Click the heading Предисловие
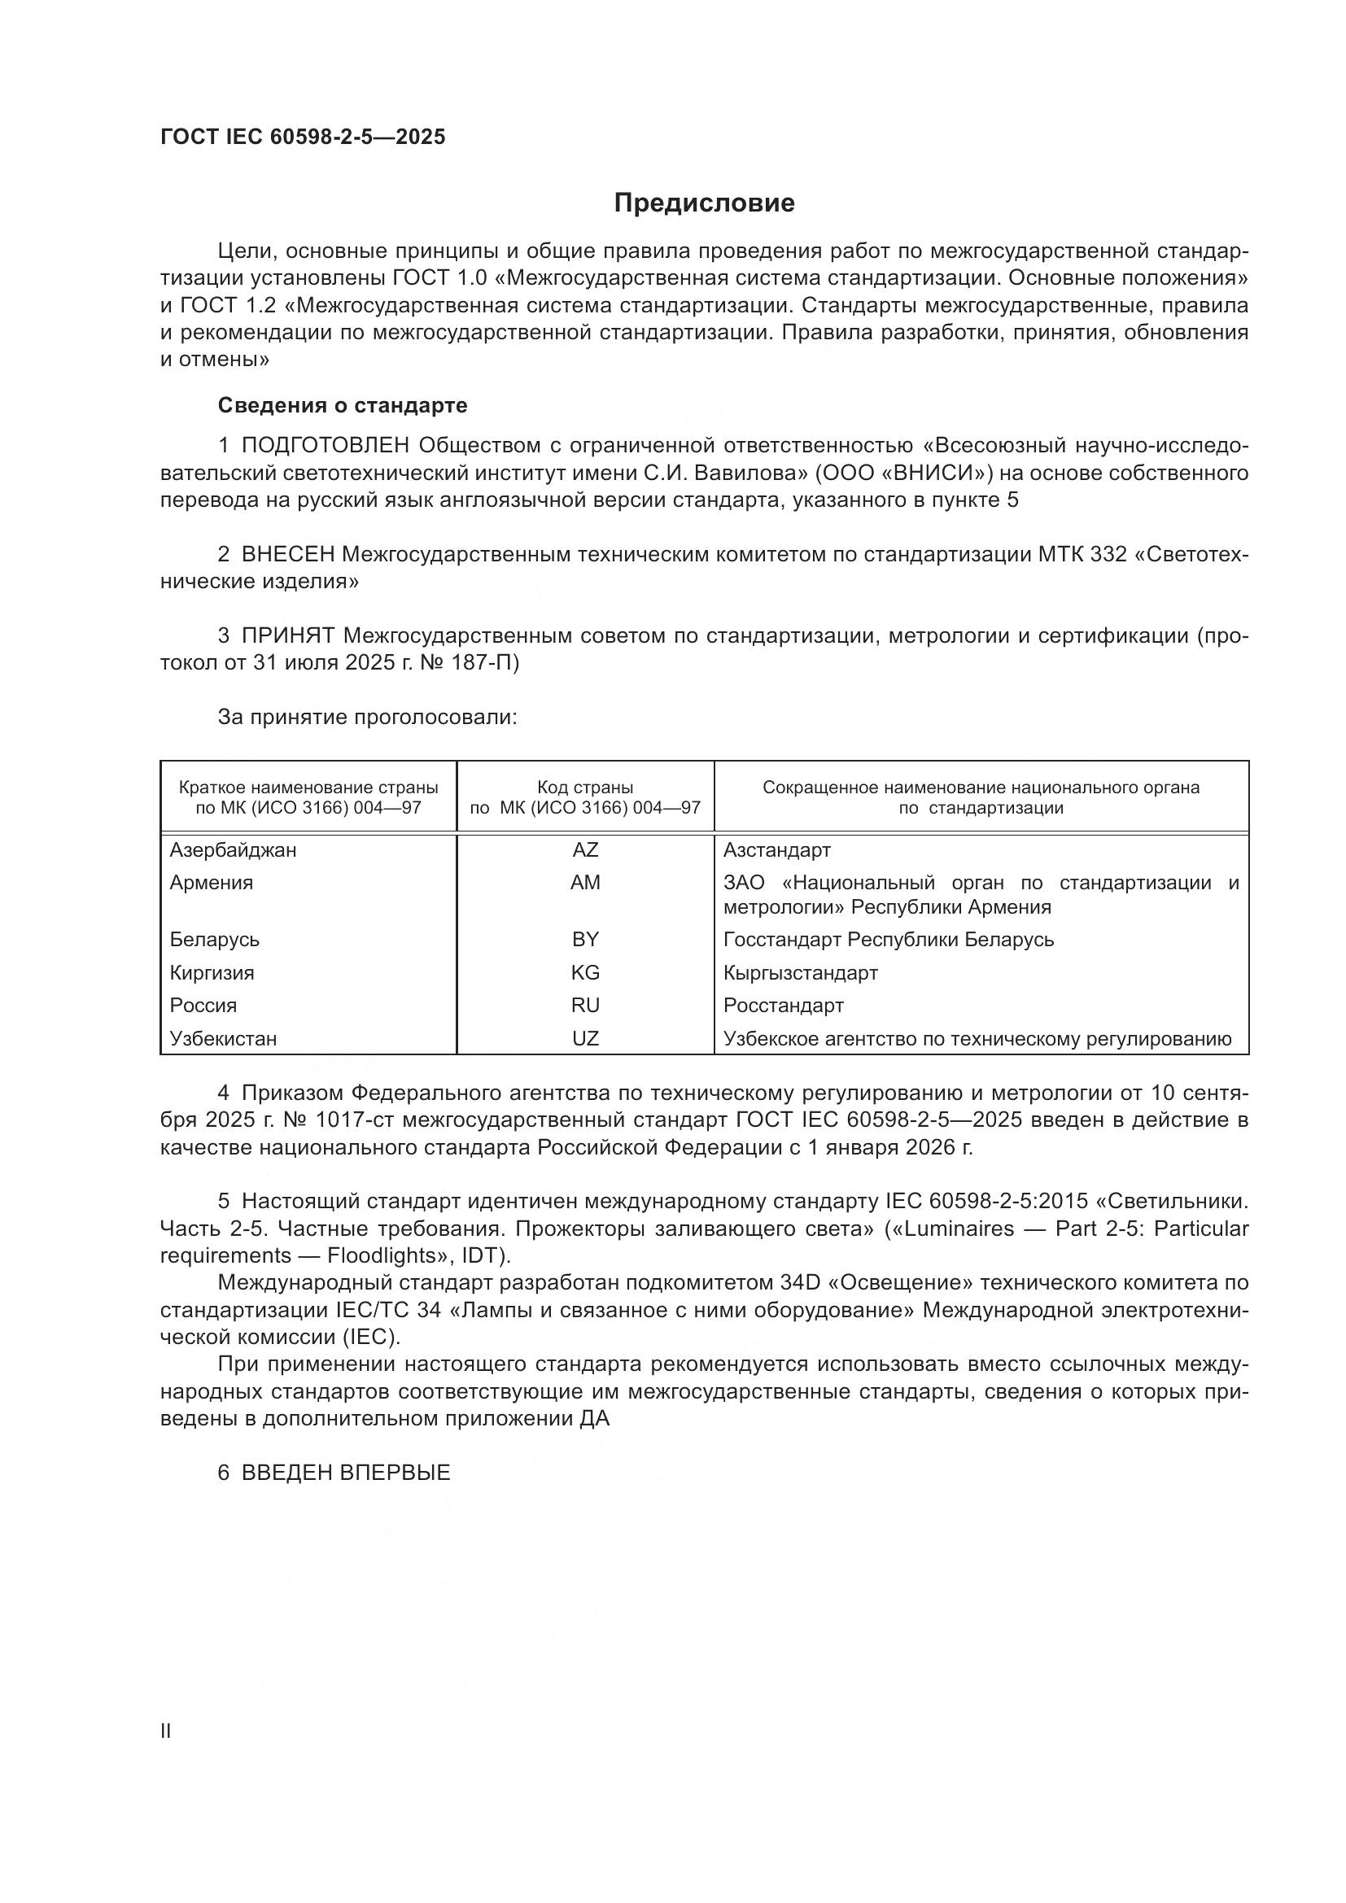coord(704,203)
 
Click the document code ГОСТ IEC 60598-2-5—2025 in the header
coord(303,137)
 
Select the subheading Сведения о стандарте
coord(343,405)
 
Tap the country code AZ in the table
coord(585,850)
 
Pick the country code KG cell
coord(585,973)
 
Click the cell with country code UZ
coord(585,1038)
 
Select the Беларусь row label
coord(215,940)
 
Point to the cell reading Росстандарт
coord(783,1006)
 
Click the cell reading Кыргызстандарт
coord(800,973)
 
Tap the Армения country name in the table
coord(212,883)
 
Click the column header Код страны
coord(585,788)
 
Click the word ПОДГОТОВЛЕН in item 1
coord(325,446)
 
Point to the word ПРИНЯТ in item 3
coord(287,635)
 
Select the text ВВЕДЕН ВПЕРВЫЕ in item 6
coord(346,1473)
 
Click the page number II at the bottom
coord(166,1731)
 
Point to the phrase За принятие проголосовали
coord(367,717)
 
